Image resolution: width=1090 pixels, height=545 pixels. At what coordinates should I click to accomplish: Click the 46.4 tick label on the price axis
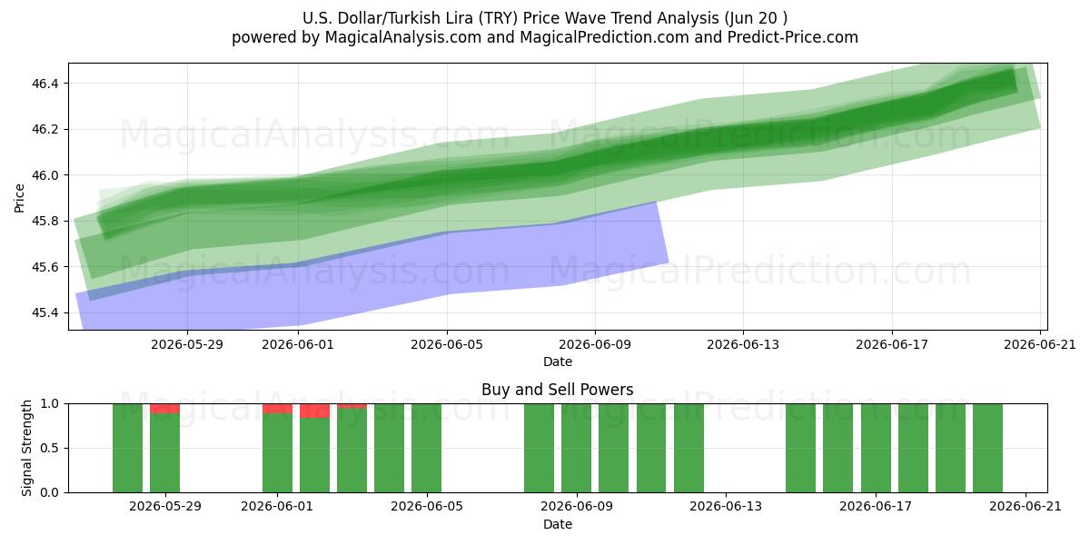[x=45, y=84]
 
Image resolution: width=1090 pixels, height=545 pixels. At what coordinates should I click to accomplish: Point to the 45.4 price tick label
[x=45, y=312]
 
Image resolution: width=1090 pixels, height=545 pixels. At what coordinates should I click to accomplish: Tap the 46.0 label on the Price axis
[x=45, y=175]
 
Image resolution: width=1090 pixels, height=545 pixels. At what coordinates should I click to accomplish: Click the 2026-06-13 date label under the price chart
[x=743, y=344]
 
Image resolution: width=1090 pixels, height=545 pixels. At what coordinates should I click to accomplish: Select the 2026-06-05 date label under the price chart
[x=447, y=344]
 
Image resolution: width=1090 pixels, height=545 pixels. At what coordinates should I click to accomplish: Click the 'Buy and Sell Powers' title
[x=557, y=390]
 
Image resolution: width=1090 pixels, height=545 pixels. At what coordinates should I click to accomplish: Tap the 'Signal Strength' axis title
[x=26, y=448]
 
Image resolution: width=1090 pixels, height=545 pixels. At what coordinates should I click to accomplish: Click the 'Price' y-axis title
[x=19, y=198]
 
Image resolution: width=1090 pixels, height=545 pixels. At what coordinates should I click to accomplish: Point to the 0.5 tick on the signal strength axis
[x=50, y=448]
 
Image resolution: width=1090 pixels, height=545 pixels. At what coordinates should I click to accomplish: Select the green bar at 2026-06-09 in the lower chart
[x=576, y=448]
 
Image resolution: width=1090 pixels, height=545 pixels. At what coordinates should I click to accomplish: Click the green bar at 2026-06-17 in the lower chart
[x=876, y=448]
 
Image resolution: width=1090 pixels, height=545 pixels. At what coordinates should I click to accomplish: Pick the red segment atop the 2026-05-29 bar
[x=165, y=408]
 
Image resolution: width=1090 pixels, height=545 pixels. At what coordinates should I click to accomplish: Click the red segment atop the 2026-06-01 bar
[x=277, y=408]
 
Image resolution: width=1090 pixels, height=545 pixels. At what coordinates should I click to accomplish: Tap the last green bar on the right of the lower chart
[x=988, y=448]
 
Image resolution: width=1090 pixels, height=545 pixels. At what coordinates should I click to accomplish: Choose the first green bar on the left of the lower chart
[x=127, y=448]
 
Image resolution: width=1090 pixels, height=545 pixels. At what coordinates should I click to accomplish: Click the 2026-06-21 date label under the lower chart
[x=1026, y=507]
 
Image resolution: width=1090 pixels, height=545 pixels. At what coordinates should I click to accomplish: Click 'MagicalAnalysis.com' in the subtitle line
[x=403, y=37]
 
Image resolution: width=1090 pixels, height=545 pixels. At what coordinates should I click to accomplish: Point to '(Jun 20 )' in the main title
[x=756, y=18]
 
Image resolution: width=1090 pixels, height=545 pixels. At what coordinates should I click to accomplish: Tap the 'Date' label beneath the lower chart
[x=558, y=524]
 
